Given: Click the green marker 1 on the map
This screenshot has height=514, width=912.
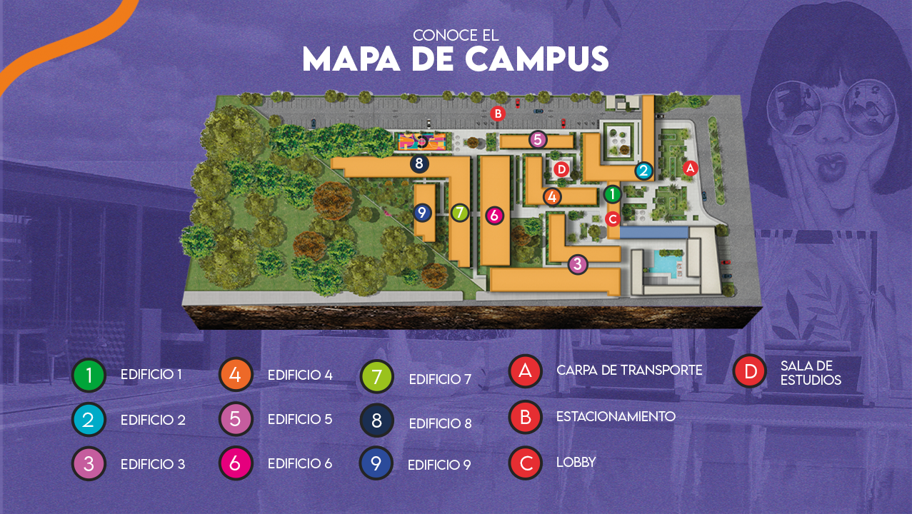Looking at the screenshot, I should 612,193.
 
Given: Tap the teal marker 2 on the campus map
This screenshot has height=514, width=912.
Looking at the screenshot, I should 643,170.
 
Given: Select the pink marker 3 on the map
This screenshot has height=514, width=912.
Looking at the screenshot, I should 577,264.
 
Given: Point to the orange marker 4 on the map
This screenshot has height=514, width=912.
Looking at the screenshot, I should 551,196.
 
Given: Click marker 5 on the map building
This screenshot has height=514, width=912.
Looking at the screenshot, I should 538,139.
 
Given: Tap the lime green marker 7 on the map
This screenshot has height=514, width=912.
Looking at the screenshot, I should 460,212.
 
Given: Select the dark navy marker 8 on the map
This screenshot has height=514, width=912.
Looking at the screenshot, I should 419,163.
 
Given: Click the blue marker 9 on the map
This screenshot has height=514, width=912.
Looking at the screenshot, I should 422,212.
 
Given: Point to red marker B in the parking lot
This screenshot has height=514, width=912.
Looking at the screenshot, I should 498,113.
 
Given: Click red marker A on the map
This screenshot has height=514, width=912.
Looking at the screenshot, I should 689,168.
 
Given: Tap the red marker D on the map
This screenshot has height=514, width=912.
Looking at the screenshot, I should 561,169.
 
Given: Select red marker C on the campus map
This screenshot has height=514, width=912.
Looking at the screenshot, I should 612,218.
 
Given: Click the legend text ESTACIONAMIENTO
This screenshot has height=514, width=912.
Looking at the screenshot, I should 616,415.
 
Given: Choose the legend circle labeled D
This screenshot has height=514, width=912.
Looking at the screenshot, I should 750,371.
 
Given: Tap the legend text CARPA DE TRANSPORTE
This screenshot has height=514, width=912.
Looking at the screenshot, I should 629,370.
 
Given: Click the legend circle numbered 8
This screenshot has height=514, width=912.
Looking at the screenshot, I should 377,420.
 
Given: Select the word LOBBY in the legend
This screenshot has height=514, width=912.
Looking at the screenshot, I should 576,462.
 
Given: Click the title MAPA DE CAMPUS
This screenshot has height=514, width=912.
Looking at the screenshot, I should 455,59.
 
